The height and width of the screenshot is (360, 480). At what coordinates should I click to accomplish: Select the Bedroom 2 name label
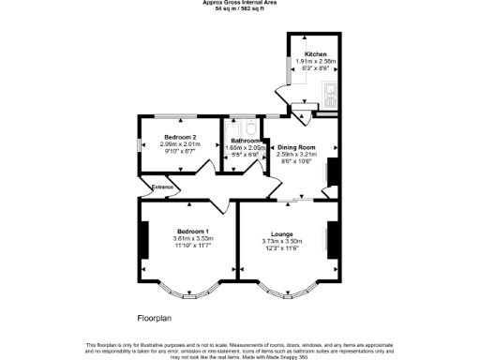177,136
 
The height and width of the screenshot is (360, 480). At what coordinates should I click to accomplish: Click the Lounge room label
282,233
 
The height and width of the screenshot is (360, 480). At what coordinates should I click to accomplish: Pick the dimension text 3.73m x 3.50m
282,241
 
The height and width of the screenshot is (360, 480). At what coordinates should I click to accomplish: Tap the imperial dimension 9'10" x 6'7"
177,151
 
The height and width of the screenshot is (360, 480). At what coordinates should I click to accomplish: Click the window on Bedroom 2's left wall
140,145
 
